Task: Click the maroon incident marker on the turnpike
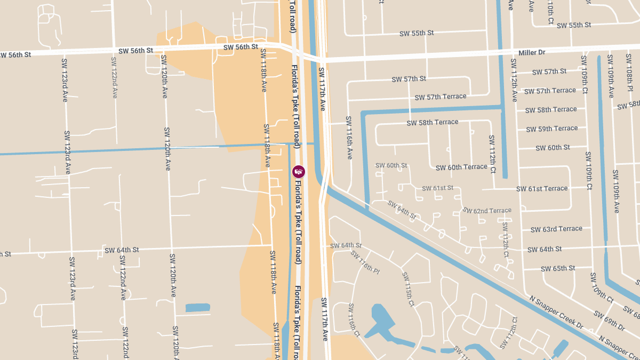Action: [x=299, y=171]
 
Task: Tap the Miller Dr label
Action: [x=532, y=53]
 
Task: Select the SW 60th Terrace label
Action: [x=461, y=167]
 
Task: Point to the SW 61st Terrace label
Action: [x=542, y=188]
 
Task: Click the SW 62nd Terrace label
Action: [x=487, y=211]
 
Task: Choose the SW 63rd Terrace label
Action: [x=556, y=229]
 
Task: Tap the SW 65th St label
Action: [x=558, y=268]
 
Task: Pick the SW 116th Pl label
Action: [x=365, y=261]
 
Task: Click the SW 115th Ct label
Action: [x=407, y=289]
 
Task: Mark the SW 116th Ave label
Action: [x=349, y=138]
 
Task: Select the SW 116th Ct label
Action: [x=354, y=319]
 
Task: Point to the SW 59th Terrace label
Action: [x=551, y=129]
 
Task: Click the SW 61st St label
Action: [x=437, y=188]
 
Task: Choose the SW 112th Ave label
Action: [x=514, y=80]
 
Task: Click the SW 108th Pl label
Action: [x=629, y=77]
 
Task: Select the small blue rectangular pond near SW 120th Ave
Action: [x=198, y=308]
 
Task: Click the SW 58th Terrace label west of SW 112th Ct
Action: [x=433, y=123]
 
